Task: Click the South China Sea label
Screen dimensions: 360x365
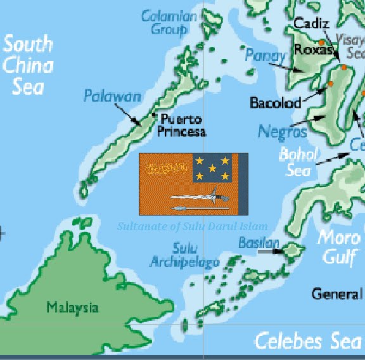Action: point(29,65)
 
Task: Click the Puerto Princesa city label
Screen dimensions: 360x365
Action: point(182,125)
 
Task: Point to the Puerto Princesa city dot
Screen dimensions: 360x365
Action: point(154,115)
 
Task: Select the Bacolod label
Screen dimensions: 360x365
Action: point(275,102)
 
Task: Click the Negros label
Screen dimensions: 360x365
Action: point(283,131)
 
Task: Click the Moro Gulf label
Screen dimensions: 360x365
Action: point(340,247)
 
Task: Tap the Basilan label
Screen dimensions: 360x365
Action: point(259,243)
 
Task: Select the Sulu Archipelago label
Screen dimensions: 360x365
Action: point(184,255)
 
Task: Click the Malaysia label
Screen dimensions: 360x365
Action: point(72,308)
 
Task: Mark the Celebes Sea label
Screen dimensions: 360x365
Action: point(308,341)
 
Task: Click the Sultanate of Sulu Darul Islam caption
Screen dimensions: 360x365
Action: point(193,226)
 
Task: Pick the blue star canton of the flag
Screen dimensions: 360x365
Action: point(216,167)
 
